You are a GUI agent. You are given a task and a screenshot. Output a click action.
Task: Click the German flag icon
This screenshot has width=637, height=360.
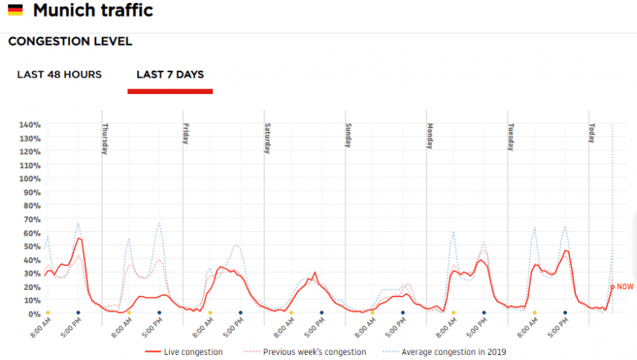pos(15,11)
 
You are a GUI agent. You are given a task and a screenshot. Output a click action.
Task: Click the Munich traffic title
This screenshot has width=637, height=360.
pos(93,10)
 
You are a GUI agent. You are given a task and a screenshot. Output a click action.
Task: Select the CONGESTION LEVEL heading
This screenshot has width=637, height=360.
pos(70,42)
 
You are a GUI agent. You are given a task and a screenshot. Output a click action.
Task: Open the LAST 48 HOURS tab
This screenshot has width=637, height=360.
pos(60,75)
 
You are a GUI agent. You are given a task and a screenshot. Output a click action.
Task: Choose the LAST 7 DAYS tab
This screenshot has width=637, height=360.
pos(170,75)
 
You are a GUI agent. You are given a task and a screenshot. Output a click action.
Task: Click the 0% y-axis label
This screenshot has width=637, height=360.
pos(34,314)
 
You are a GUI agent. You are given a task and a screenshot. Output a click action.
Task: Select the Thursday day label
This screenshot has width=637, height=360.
pos(106,138)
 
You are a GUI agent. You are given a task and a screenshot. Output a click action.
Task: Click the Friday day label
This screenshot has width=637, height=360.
pos(187,134)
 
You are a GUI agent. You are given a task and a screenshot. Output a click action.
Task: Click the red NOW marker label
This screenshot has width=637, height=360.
pos(625,286)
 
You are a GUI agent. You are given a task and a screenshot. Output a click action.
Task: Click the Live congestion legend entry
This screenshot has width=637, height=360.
pos(192,352)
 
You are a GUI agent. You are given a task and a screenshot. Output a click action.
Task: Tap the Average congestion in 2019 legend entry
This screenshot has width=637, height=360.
pos(453,352)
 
